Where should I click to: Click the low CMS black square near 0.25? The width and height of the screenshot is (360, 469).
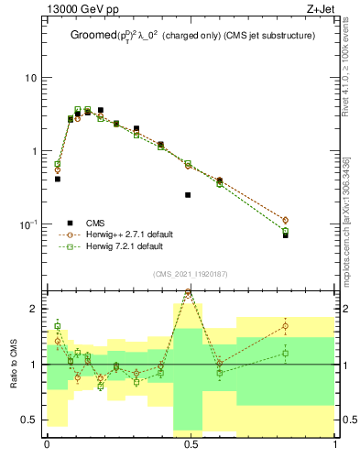click(x=188, y=195)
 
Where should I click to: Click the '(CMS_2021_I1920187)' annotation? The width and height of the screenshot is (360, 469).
click(x=191, y=274)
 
